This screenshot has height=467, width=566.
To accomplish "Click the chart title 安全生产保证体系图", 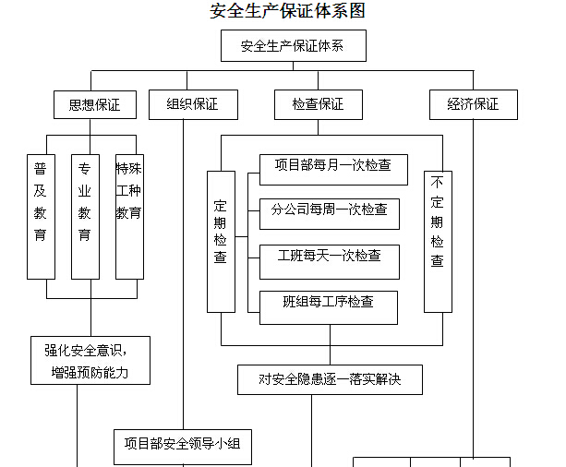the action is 287,11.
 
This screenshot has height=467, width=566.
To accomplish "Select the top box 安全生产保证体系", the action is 294,46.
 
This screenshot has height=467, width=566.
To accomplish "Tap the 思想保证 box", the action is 95,104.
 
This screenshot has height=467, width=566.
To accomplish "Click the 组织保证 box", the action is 193,104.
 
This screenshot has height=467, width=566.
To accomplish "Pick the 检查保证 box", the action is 319,104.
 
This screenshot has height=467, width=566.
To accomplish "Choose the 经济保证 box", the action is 474,104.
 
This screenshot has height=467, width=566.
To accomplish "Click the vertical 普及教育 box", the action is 42,217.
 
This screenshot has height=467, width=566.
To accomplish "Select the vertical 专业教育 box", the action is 85,217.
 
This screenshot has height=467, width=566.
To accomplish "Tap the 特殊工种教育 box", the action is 129,217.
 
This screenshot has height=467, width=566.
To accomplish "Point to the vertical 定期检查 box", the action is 221,242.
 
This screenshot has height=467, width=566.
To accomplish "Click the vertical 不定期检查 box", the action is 438,242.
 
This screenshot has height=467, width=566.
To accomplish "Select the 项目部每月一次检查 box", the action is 333,170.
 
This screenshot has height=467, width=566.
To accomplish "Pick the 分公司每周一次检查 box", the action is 330,214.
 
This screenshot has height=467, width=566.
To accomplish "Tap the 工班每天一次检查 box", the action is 330,262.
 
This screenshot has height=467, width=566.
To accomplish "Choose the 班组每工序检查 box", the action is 329,308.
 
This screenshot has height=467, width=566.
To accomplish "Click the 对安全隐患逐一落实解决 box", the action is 330,379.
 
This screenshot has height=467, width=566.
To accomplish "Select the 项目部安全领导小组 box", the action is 183,447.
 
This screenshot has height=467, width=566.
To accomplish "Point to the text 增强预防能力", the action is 90,373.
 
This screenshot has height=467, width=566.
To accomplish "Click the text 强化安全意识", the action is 83,351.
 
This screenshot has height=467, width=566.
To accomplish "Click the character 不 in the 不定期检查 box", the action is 437,182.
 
